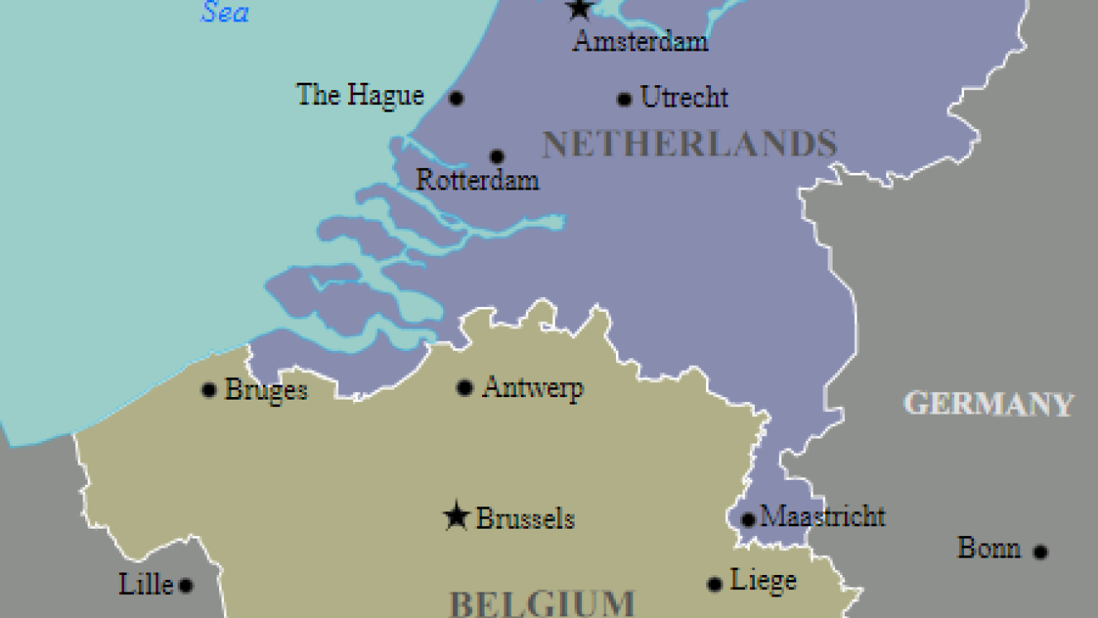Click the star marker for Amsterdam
[x=579, y=9]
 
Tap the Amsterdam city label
[x=640, y=41]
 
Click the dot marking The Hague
[x=456, y=98]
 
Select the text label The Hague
[x=360, y=95]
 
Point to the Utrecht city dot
[x=624, y=99]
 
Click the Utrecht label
[x=685, y=98]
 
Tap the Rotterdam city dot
[x=496, y=156]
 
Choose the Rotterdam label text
[x=477, y=180]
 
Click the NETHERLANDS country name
[x=690, y=145]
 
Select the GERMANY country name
[x=989, y=404]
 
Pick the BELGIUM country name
[x=542, y=602]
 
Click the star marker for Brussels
[x=456, y=517]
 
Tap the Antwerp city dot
[x=465, y=387]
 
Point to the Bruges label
[x=266, y=390]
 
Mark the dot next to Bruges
[x=209, y=390]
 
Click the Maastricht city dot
[x=747, y=520]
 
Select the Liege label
[x=763, y=581]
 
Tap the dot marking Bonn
[x=1040, y=552]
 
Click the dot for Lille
[x=186, y=586]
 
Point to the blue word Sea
[x=225, y=12]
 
